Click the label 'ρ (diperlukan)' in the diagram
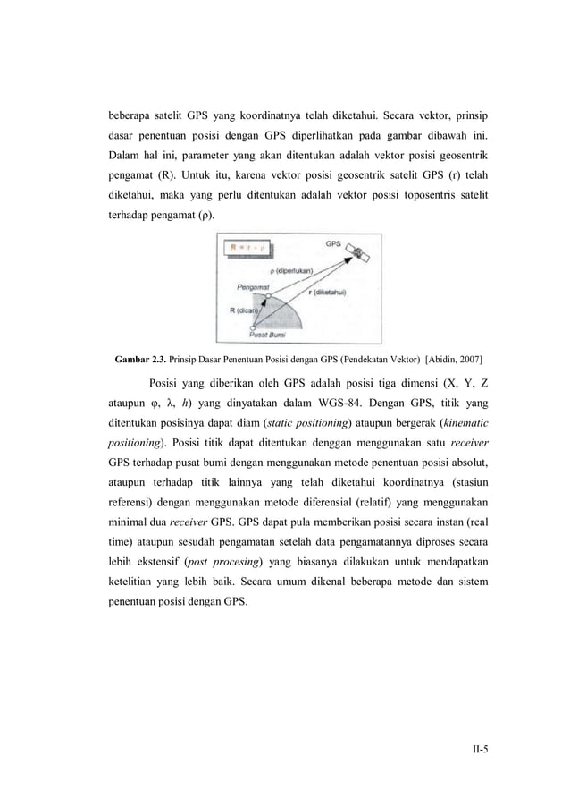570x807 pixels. tap(289, 270)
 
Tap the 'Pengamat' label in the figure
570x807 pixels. tap(255, 287)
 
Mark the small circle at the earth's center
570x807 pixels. tap(254, 328)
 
